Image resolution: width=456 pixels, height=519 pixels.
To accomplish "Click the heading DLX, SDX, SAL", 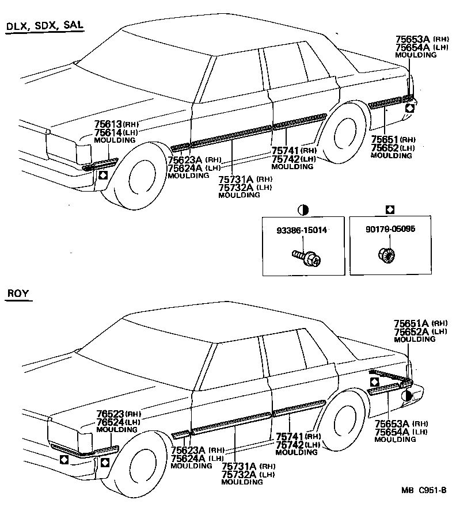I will pyautogui.click(x=44, y=26).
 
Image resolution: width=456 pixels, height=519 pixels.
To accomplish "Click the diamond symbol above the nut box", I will pyautogui.click(x=390, y=209).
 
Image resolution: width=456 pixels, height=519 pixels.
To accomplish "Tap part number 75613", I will pyautogui.click(x=108, y=125).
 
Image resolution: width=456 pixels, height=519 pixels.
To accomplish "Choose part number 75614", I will pyautogui.click(x=108, y=133).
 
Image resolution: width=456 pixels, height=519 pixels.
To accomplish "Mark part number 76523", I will pyautogui.click(x=111, y=414).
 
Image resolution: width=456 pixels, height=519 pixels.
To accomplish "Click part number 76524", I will pyautogui.click(x=111, y=422).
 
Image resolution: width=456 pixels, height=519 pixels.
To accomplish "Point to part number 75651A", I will pyautogui.click(x=411, y=324).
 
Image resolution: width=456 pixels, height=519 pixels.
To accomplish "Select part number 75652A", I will pyautogui.click(x=411, y=332).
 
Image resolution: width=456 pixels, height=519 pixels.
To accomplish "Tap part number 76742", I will pyautogui.click(x=290, y=445).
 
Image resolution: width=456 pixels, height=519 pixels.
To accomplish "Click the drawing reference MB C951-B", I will pyautogui.click(x=424, y=490).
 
